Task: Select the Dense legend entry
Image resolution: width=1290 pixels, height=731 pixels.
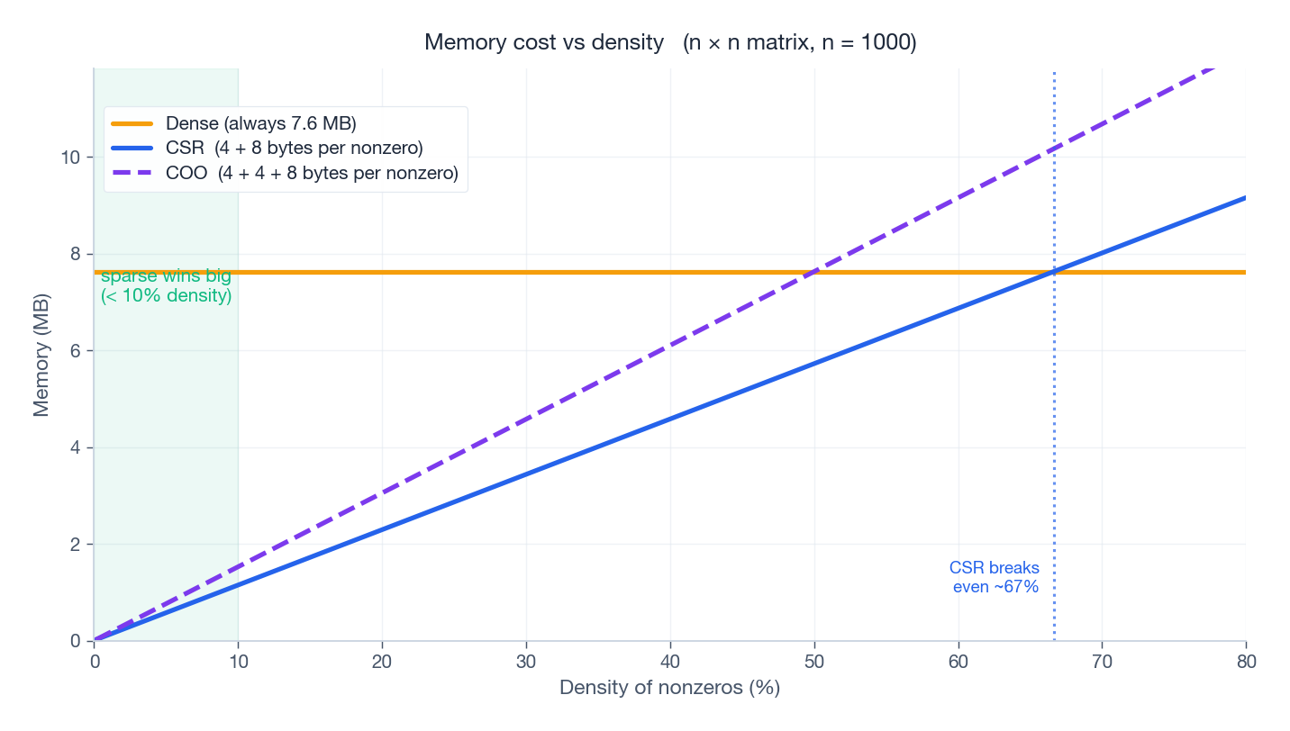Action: point(261,123)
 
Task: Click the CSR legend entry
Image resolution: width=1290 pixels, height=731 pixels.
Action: point(295,148)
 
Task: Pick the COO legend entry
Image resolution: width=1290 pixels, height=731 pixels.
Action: point(312,174)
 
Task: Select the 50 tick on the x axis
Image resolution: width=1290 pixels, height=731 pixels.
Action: point(814,662)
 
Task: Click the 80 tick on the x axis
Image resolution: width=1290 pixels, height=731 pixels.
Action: point(1246,662)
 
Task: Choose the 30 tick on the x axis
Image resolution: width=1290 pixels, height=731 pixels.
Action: point(526,662)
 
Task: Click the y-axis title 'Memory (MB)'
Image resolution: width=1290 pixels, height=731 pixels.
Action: point(41,351)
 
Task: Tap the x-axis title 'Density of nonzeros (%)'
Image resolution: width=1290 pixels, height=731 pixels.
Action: point(669,688)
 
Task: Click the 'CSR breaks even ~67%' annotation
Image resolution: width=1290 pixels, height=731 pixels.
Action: point(995,577)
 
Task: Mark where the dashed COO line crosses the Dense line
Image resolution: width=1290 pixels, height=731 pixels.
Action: point(813,272)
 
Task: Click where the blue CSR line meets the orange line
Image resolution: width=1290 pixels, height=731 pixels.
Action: point(1053,272)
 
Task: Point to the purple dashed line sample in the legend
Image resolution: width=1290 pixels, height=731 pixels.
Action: point(132,174)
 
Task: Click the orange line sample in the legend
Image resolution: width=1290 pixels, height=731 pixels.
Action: point(132,123)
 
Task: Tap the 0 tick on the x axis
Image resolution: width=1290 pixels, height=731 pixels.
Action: point(95,662)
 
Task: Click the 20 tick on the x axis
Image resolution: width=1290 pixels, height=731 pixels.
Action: point(383,662)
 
